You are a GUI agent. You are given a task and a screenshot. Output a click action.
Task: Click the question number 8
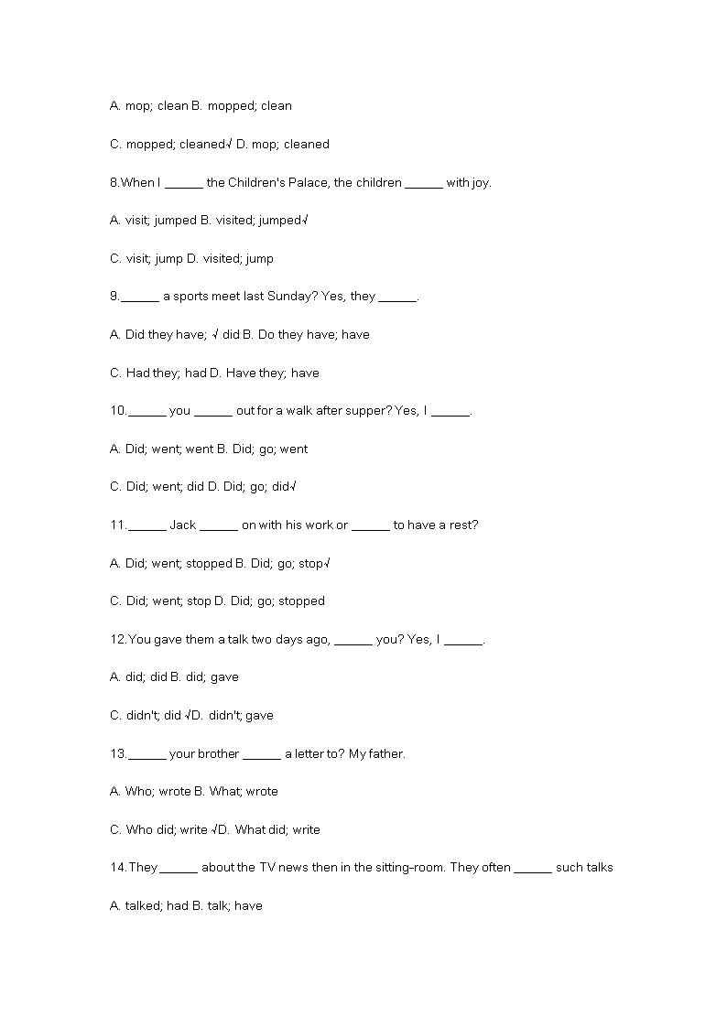click(x=114, y=182)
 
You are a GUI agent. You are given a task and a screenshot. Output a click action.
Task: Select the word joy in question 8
click(x=481, y=182)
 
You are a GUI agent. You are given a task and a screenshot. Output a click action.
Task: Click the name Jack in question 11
click(x=182, y=525)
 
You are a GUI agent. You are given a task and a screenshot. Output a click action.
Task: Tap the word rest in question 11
click(x=461, y=525)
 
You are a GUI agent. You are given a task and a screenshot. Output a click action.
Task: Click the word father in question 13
click(x=385, y=754)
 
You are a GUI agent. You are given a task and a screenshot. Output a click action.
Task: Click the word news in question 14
click(x=292, y=868)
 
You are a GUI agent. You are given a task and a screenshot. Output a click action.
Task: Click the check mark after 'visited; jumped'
click(x=304, y=221)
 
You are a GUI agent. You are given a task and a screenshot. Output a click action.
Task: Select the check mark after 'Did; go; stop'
click(x=327, y=564)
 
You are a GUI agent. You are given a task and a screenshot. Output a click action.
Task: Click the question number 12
click(x=117, y=640)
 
